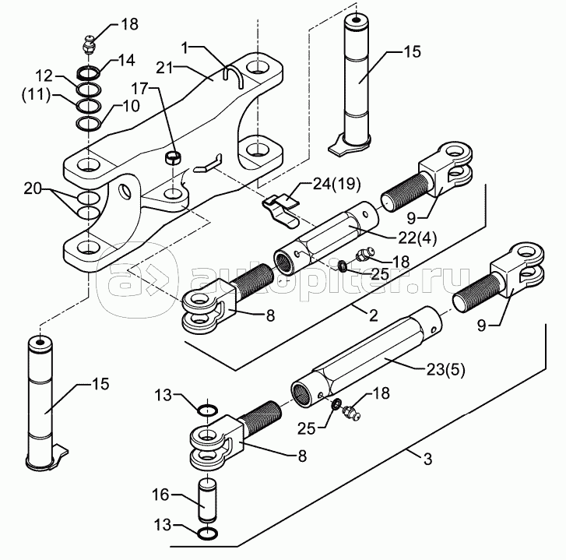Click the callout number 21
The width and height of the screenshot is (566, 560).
[165, 67]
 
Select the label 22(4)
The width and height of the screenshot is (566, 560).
[417, 238]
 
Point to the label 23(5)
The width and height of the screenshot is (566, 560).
[445, 369]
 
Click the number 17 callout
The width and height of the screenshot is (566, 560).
[139, 88]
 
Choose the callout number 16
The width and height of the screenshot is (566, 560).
[160, 495]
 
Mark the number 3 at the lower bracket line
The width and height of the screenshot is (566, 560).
[427, 460]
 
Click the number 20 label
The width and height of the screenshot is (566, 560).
[33, 188]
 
